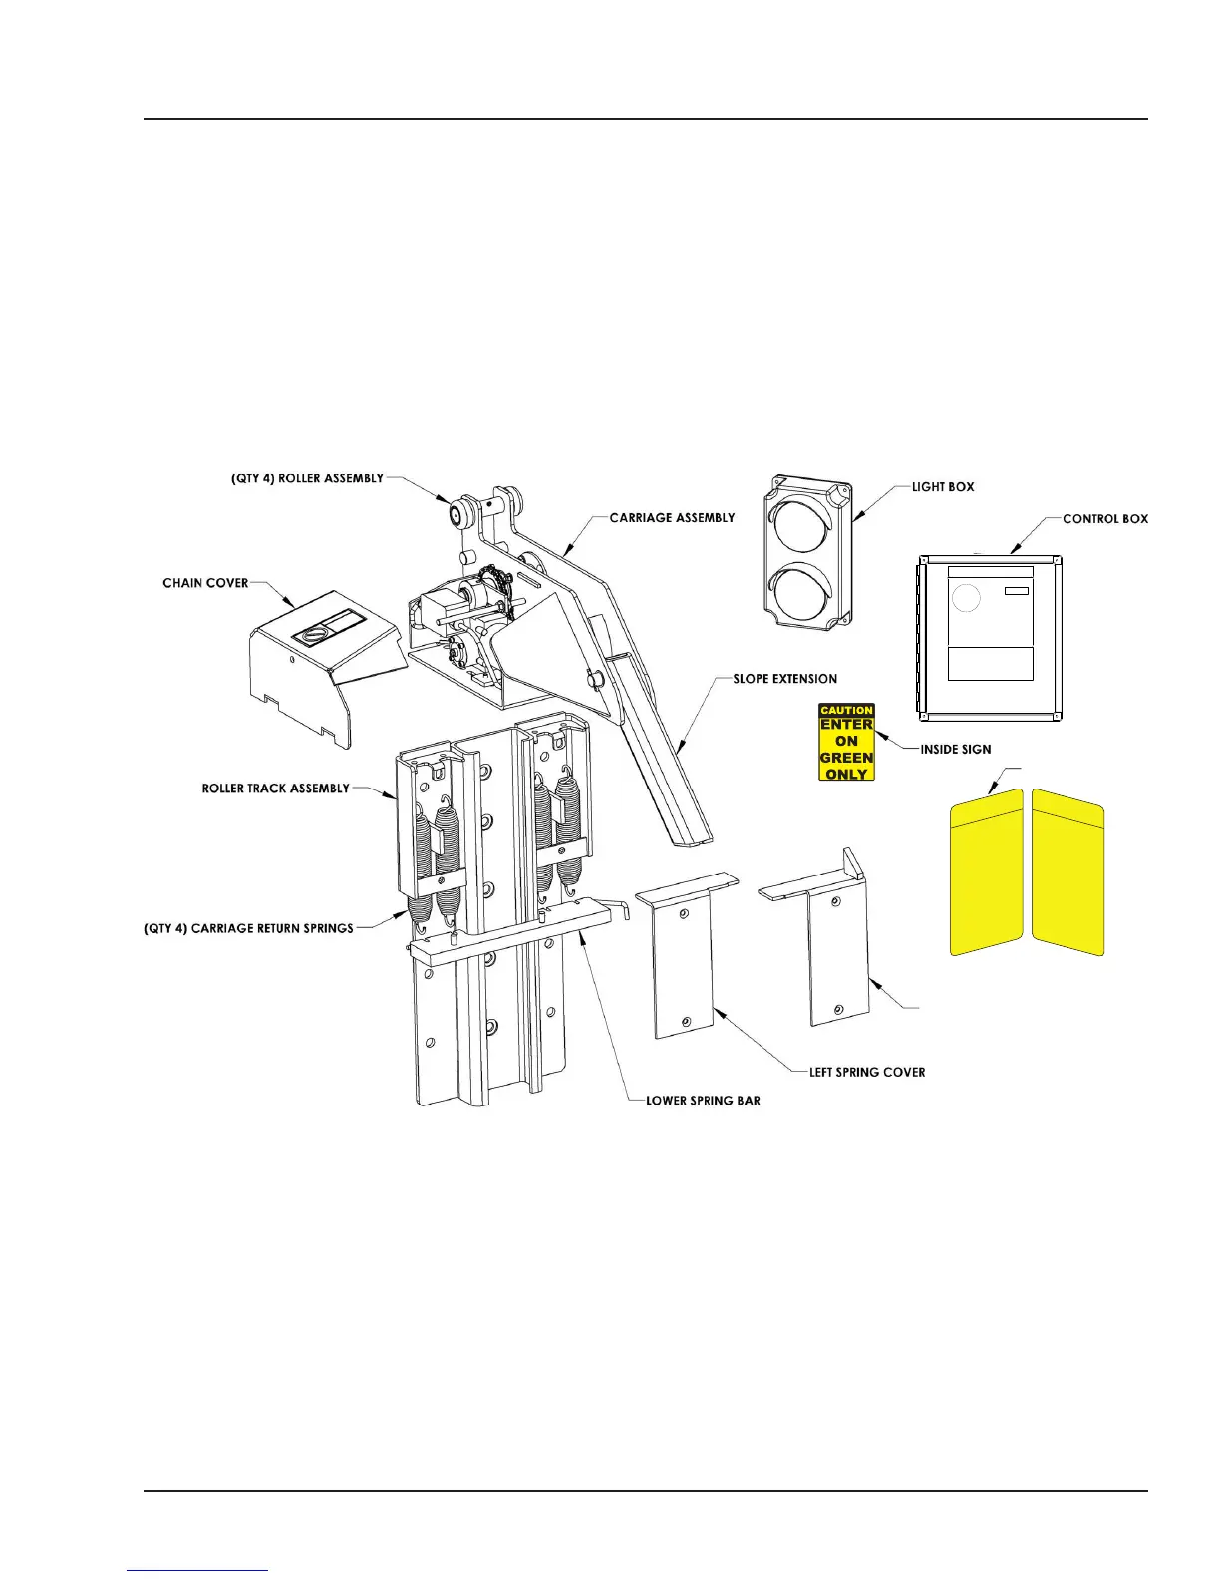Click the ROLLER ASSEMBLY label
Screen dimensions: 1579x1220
[307, 478]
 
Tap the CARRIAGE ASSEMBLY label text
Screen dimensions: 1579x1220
[672, 518]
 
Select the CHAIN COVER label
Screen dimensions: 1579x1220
[205, 583]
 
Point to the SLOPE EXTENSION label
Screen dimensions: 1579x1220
[784, 679]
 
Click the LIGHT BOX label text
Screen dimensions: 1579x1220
[942, 487]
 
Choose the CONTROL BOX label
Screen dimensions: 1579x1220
[1104, 519]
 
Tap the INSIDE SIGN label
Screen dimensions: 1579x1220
[955, 749]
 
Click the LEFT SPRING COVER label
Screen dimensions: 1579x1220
[867, 1073]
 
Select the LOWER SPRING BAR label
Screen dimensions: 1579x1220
[703, 1101]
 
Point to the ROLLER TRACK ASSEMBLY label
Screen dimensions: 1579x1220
[275, 789]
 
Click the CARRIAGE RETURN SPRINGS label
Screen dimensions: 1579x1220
[249, 928]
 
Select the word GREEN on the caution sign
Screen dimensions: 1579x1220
[846, 758]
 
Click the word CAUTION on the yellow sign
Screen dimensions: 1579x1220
[846, 711]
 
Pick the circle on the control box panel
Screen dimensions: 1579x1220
[966, 598]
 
